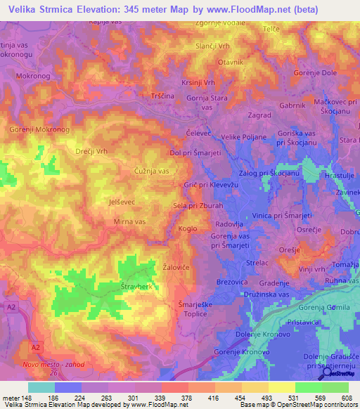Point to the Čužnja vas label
[x=151, y=171]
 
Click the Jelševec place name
[x=103, y=201]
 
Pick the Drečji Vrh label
[x=91, y=151]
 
